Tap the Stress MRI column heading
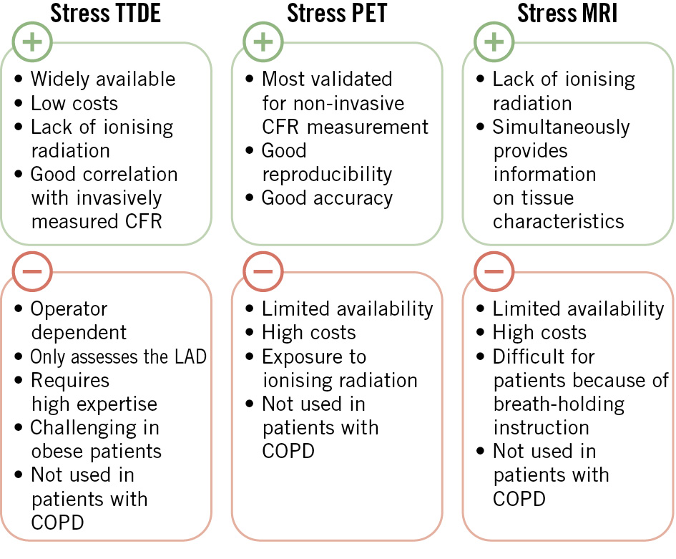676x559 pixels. tap(567, 14)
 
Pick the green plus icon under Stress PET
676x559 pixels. tap(263, 42)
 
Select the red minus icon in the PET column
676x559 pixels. tap(263, 272)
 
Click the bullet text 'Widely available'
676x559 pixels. tap(102, 79)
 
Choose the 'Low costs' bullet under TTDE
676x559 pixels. tap(74, 103)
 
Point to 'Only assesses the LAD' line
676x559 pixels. tap(118, 356)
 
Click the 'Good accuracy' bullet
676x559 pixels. tap(327, 198)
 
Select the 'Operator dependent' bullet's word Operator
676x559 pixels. tap(69, 309)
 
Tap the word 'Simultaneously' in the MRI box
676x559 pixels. tap(561, 127)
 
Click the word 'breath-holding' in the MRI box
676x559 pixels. tap(559, 404)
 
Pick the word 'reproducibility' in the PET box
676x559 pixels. tap(327, 174)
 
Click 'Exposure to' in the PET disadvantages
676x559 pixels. tap(313, 356)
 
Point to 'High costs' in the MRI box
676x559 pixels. tap(539, 333)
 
